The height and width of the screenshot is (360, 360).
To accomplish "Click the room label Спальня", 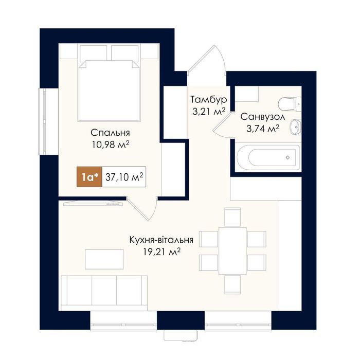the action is (x=110, y=133).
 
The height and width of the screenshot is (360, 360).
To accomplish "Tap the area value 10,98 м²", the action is (x=111, y=145).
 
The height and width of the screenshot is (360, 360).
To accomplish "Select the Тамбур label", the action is (x=209, y=100).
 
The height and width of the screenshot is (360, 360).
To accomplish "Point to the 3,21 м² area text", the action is (x=208, y=112).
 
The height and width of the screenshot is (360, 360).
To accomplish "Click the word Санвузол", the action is (x=263, y=117).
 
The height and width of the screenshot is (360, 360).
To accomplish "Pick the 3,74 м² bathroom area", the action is (x=263, y=129).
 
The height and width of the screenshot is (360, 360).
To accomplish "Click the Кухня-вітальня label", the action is (x=161, y=240).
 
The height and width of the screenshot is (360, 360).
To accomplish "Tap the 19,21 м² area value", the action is (x=161, y=252).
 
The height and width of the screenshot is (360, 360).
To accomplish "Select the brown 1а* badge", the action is (x=89, y=177).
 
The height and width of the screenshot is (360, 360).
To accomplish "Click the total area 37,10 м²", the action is (x=124, y=177).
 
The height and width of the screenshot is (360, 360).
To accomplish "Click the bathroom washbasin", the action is (x=296, y=127).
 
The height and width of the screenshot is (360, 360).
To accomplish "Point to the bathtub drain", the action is (x=287, y=157).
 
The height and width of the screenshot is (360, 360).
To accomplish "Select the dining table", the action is (x=232, y=251).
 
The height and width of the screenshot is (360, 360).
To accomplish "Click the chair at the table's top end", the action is (x=232, y=217).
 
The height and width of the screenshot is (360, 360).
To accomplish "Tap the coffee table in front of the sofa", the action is (x=104, y=259).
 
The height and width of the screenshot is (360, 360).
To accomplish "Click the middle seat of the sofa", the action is (x=104, y=290).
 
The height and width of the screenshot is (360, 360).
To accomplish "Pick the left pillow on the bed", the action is (x=94, y=53).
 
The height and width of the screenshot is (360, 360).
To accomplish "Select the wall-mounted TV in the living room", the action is (x=93, y=203).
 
